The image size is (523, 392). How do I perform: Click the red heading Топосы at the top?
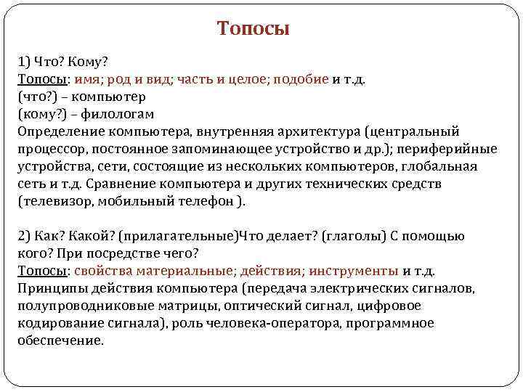253,29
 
